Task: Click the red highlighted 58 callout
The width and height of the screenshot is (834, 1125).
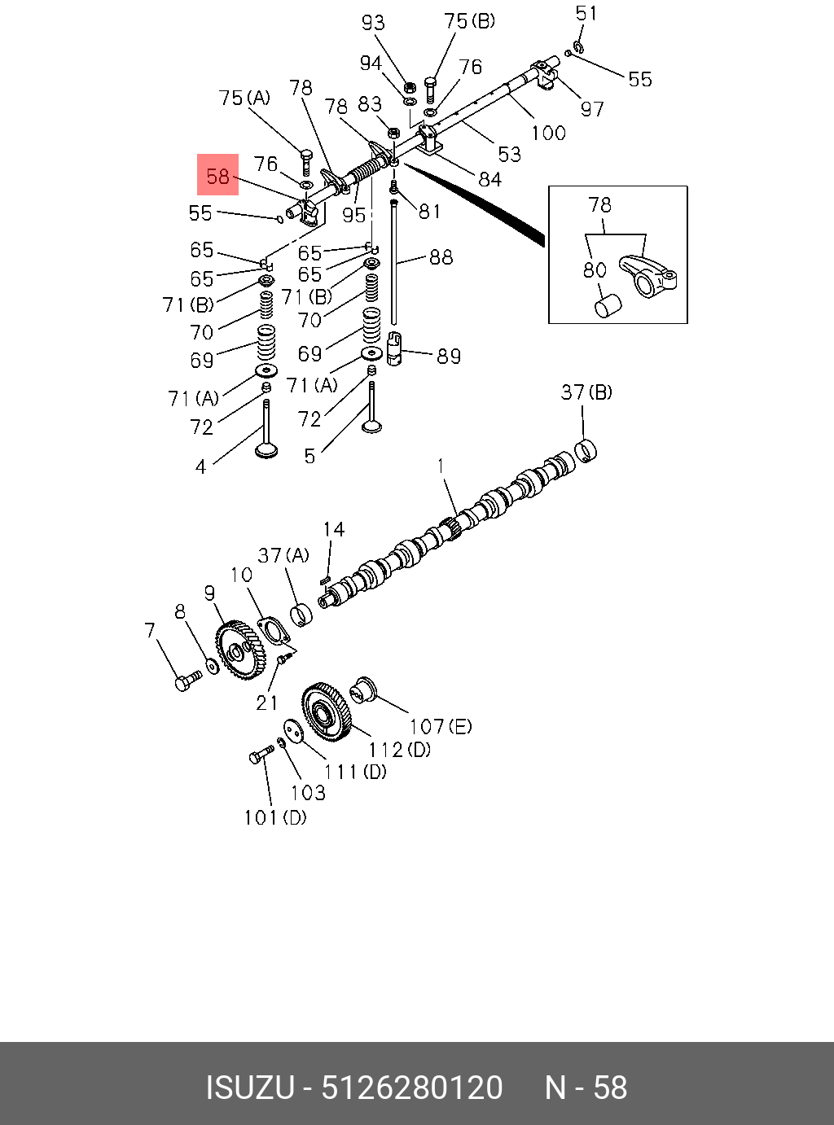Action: [217, 175]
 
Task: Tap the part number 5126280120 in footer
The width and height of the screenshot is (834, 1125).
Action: [412, 1088]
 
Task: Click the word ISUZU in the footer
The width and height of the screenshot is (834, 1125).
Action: [249, 1088]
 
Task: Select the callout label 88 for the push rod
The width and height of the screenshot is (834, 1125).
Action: [441, 257]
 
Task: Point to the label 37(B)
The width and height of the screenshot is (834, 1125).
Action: [586, 392]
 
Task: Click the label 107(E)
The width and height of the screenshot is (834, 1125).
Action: [440, 726]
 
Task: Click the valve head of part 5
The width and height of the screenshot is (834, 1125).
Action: [373, 425]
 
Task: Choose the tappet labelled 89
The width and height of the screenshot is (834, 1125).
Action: [395, 351]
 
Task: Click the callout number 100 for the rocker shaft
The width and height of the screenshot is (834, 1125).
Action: [548, 133]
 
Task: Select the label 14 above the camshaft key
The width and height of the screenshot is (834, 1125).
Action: [333, 530]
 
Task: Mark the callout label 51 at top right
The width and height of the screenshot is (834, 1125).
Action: [586, 13]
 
